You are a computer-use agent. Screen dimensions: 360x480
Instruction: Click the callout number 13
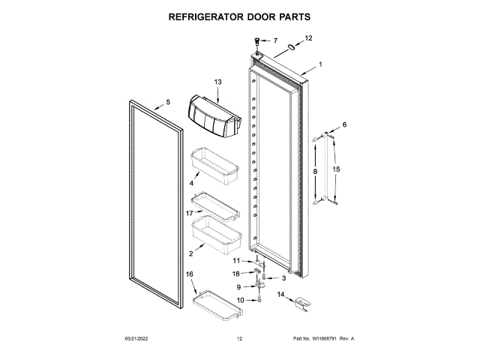[218, 82]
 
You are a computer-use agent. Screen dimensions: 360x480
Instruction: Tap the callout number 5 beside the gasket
[168, 102]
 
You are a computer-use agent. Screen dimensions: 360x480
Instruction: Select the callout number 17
[190, 214]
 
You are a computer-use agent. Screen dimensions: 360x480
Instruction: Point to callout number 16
[190, 275]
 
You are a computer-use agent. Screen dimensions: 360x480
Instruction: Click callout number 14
[281, 295]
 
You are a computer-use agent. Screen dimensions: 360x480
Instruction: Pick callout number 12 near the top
[308, 37]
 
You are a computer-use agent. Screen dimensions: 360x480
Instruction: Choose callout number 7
[274, 40]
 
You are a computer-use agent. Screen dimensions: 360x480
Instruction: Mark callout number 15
[337, 170]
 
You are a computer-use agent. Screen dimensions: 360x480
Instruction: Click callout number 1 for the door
[321, 64]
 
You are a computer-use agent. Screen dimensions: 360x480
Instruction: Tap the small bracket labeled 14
[302, 303]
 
